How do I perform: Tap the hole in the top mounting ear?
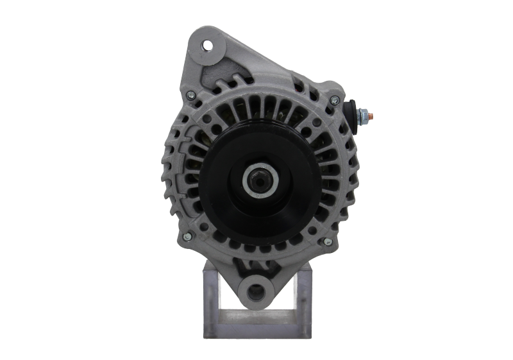[x=207, y=45]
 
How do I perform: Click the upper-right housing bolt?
[x=333, y=99]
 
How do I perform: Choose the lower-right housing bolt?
[x=328, y=241]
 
